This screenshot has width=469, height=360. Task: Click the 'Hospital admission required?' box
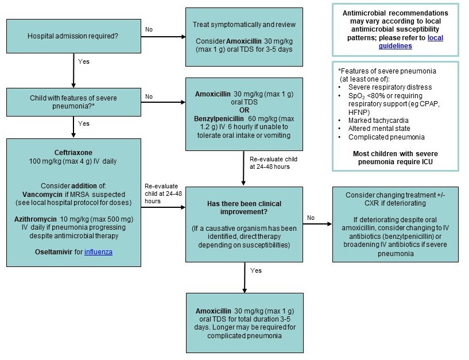tap(73, 36)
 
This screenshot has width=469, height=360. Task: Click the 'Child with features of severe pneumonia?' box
tap(73, 102)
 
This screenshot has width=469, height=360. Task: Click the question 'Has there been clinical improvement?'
tap(244, 207)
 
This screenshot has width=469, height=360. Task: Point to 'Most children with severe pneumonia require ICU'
tap(395, 158)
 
